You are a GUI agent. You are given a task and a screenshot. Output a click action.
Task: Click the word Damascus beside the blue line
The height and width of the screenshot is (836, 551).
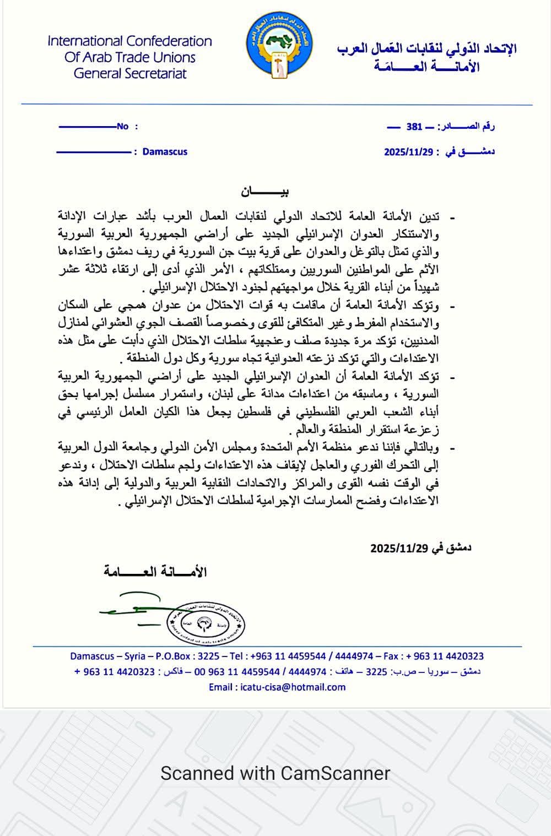pyautogui.click(x=165, y=151)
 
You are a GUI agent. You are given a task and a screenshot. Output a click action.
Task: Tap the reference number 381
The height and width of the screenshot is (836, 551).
pyautogui.click(x=414, y=127)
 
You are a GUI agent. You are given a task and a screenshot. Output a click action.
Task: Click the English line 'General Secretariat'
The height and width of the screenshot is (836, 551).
pyautogui.click(x=130, y=73)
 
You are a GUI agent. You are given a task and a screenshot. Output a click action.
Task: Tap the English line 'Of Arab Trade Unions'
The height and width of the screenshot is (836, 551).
pyautogui.click(x=130, y=57)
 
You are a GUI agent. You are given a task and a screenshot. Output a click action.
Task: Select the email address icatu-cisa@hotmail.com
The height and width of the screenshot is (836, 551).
pyautogui.click(x=293, y=687)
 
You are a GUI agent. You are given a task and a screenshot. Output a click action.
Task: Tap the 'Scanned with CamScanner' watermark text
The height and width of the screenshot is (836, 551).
pyautogui.click(x=275, y=773)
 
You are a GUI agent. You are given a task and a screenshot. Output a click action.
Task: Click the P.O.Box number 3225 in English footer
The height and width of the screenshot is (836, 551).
pyautogui.click(x=208, y=656)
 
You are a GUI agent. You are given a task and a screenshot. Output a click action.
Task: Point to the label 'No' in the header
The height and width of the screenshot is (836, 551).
pyautogui.click(x=122, y=127)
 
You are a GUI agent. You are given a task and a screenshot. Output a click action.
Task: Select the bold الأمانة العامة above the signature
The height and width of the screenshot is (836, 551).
pyautogui.click(x=155, y=572)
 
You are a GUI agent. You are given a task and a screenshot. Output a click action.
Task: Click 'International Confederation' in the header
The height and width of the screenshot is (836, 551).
pyautogui.click(x=130, y=41)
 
